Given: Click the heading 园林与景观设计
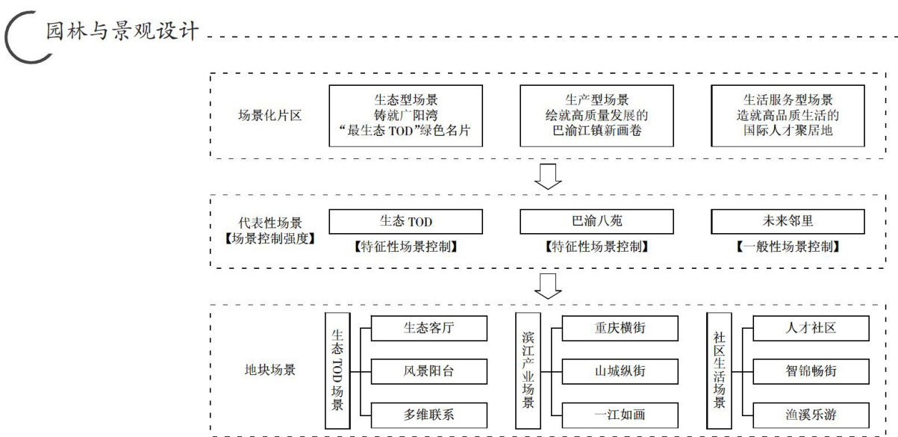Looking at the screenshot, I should [122, 31].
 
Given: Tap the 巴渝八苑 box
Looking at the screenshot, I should [596, 222].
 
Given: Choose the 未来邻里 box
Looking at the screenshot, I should [788, 222].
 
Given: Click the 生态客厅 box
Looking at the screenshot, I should [428, 327].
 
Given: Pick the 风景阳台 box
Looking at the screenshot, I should [428, 370].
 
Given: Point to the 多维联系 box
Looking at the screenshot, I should [428, 414].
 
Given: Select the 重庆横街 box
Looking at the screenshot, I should [620, 327].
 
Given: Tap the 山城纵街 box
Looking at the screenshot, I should [620, 370].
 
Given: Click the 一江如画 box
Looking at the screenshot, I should [620, 414].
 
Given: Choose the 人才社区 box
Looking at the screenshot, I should [811, 327].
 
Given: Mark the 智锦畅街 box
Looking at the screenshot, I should [811, 370].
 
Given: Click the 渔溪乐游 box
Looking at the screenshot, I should [811, 414].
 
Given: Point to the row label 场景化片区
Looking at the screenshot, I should [269, 115].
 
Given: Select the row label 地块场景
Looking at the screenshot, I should [269, 370].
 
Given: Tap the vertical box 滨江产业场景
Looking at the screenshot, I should [528, 370].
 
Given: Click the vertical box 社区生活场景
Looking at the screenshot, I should [719, 370].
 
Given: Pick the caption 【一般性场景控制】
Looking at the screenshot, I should [788, 247].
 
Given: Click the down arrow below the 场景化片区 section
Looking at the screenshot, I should [549, 176].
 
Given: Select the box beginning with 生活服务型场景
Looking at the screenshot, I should [788, 115].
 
